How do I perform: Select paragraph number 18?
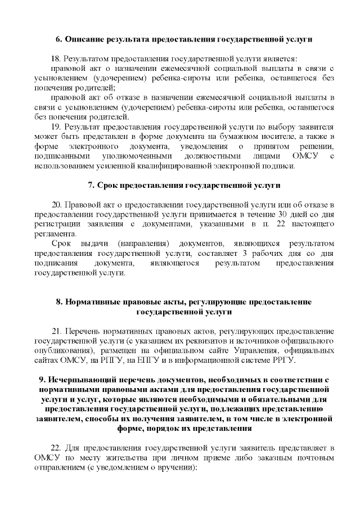pyautogui.click(x=55, y=58)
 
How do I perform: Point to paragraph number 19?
pyautogui.click(x=55, y=127)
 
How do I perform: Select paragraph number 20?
pyautogui.click(x=56, y=204)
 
